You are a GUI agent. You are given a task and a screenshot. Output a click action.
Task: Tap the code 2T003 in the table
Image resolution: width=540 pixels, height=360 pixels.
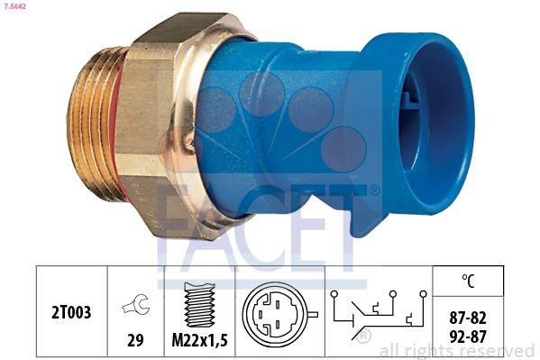71,309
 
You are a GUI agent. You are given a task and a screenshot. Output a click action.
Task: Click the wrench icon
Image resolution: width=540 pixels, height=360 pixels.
135,307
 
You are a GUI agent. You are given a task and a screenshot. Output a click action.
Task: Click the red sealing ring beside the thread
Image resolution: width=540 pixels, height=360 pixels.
120,135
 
